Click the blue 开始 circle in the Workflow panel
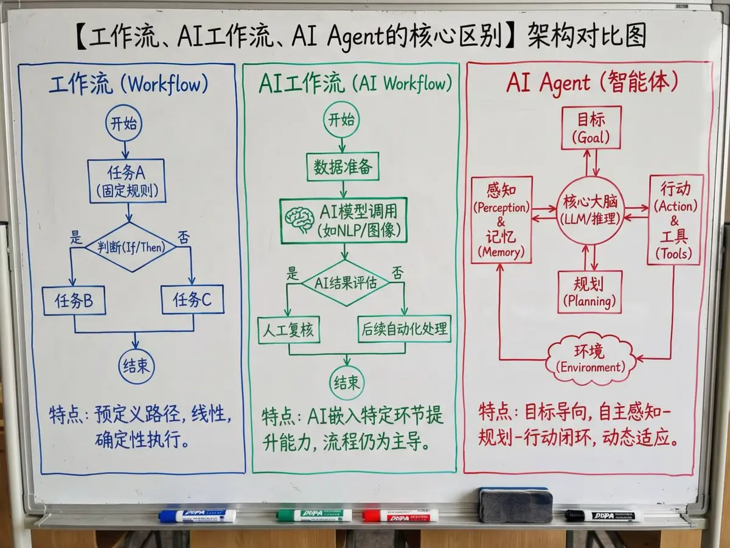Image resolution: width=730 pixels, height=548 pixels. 124,124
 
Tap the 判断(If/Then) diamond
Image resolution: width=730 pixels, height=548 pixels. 130,247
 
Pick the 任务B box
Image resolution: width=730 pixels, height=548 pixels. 74,301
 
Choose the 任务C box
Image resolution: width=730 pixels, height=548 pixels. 192,301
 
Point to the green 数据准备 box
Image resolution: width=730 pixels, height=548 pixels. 342,166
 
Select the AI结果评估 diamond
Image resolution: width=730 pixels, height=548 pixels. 346,283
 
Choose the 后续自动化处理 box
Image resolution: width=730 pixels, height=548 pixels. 404,329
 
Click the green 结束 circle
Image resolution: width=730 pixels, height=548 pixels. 347,382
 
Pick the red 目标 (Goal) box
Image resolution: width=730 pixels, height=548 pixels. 591,127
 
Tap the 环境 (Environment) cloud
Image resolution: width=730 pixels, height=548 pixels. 591,359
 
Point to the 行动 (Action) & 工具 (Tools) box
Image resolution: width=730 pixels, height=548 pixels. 675,219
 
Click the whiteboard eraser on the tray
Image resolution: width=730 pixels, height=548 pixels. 515,505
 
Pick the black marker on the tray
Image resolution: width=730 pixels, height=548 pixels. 603,516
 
